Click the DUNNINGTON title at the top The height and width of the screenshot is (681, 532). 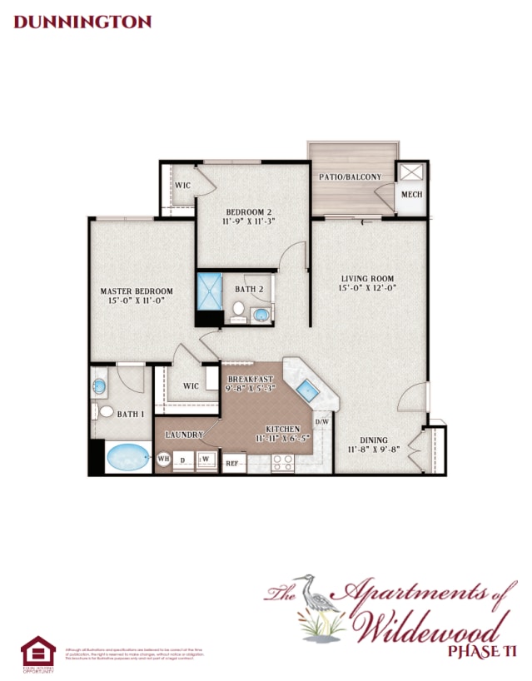82,22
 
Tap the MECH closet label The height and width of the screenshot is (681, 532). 411,195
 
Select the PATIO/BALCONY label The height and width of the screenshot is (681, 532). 350,176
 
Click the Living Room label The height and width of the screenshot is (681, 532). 367,283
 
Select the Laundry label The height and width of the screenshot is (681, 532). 185,435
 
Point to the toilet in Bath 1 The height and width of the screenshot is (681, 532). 104,410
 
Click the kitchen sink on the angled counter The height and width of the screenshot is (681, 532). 306,388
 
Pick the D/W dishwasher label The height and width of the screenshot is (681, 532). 323,422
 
